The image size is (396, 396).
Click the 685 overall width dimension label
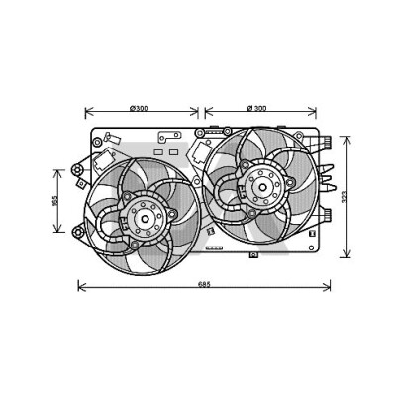point(204,284)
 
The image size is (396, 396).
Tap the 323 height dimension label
point(345,197)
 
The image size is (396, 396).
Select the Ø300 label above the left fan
point(139,108)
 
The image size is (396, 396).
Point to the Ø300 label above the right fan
point(256,108)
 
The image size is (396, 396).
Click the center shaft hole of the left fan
point(146,218)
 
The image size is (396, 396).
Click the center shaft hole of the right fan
point(262,187)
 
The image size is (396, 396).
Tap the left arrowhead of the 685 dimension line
point(82,287)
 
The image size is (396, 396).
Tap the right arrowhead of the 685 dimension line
point(327,287)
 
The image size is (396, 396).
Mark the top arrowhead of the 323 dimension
point(346,140)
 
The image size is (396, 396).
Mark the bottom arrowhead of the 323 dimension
point(346,253)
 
